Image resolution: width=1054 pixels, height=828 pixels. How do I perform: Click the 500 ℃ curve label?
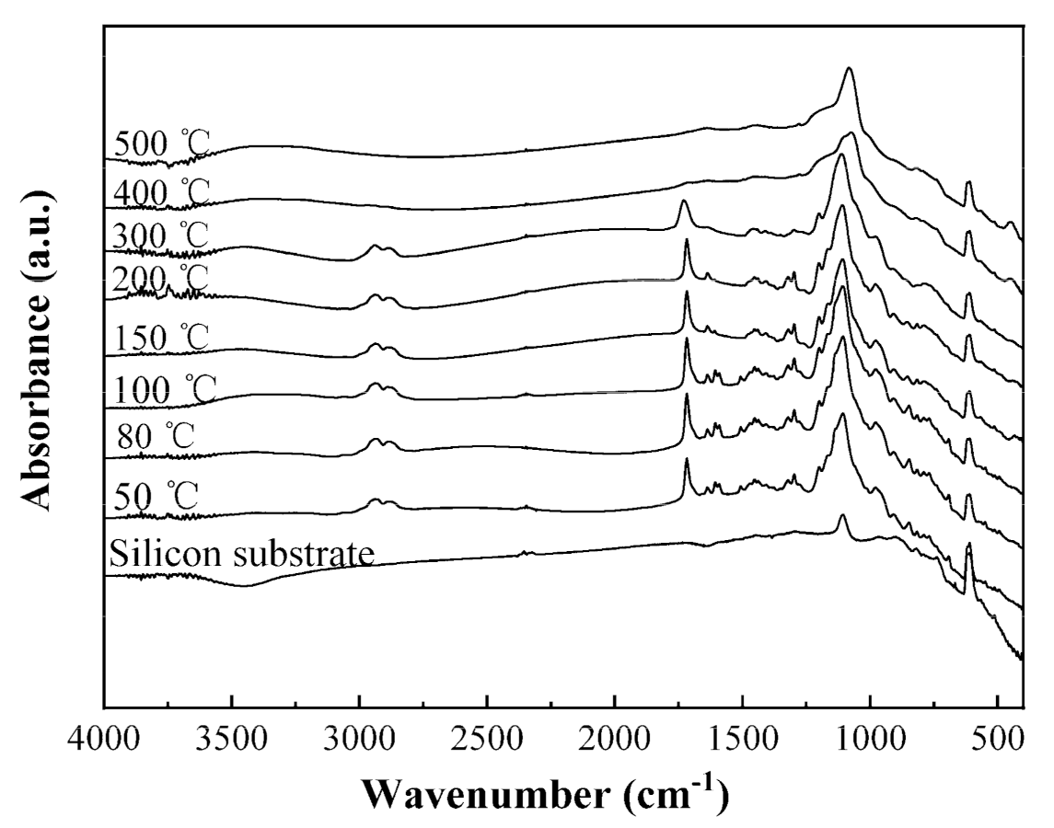[x=162, y=144]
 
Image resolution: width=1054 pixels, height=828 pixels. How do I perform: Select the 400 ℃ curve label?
[x=162, y=193]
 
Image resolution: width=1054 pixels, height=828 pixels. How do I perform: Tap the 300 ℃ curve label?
[x=162, y=236]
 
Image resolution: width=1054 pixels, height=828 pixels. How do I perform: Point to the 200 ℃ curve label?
[x=162, y=277]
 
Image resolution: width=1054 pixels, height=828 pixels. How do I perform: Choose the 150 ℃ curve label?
[x=162, y=338]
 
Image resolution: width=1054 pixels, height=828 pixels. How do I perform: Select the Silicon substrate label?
[x=241, y=555]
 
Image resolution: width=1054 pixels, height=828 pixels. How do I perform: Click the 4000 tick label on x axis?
[x=104, y=742]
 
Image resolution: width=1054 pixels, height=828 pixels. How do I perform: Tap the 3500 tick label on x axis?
[x=231, y=742]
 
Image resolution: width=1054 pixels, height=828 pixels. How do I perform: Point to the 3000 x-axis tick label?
[x=359, y=742]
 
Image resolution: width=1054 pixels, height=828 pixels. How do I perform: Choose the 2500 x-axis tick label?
[x=486, y=742]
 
